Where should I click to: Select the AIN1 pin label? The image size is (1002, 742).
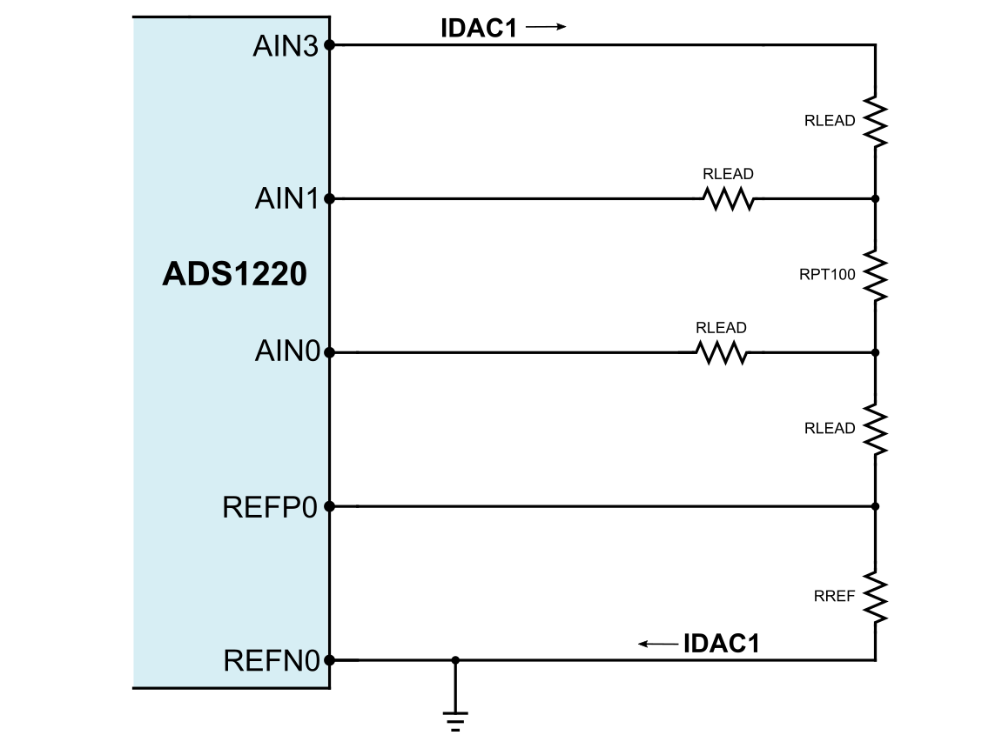coord(287,199)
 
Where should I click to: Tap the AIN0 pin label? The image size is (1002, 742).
coord(287,352)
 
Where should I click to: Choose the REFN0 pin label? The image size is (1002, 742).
coord(272,661)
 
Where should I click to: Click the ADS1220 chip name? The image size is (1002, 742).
coord(234,275)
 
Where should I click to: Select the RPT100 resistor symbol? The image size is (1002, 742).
coord(875,277)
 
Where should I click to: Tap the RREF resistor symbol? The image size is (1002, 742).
coord(875,598)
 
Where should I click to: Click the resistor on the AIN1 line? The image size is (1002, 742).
coord(729,199)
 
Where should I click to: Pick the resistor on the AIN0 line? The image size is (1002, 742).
coord(722,353)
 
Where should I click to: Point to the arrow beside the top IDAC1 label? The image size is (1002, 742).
coord(546,27)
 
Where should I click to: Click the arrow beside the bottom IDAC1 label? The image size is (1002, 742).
coord(658,644)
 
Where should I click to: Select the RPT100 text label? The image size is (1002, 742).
coord(827,275)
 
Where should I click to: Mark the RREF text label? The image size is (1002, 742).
coord(834,596)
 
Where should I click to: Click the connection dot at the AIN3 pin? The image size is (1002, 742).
coord(329,45)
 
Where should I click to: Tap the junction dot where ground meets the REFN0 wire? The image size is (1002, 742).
coord(455,660)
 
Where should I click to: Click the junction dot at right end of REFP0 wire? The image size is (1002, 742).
coord(875,506)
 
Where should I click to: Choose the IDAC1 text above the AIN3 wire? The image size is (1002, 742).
coord(479,28)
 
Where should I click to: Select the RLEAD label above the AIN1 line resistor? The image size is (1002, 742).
coord(728,174)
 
